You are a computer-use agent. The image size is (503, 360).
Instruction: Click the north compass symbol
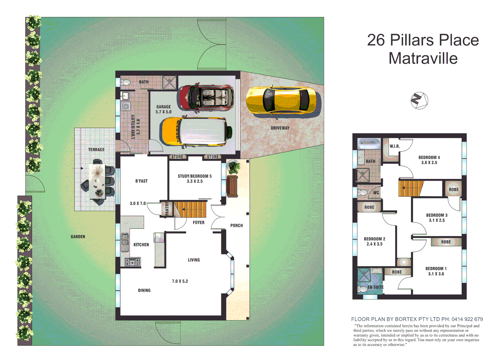[419, 100]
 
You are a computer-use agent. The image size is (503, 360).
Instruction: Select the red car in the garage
[206, 97]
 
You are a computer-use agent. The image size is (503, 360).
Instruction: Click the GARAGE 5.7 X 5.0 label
[163, 109]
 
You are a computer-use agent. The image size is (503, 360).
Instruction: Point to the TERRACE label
[96, 150]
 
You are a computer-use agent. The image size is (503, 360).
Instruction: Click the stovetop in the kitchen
[132, 262]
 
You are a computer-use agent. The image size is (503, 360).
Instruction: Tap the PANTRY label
[167, 209]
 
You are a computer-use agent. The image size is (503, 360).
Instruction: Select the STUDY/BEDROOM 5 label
[194, 179]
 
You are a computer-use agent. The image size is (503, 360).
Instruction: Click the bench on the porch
[232, 186]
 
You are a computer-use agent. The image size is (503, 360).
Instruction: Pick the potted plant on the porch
[234, 167]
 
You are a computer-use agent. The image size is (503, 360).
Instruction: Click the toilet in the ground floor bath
[126, 82]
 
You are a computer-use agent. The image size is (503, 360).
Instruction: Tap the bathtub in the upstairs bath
[369, 144]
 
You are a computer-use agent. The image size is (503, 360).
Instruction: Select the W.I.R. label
[395, 146]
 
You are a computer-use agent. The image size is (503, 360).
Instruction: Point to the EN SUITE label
[376, 287]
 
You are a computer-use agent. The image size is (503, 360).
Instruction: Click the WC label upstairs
[376, 193]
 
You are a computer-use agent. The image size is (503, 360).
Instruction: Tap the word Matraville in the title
[423, 58]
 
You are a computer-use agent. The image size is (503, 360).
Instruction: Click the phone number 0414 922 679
[467, 319]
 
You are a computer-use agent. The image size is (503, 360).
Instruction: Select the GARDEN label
[78, 237]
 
